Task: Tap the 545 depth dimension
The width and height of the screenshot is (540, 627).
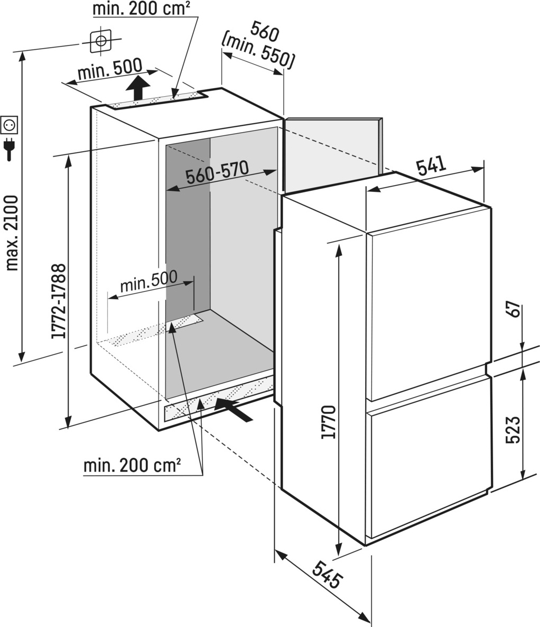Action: point(328,574)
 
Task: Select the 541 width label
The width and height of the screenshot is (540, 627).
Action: point(431,165)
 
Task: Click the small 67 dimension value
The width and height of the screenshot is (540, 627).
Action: point(515,309)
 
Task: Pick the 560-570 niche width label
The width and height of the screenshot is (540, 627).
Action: point(217,173)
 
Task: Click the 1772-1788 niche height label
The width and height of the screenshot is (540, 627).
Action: point(58,301)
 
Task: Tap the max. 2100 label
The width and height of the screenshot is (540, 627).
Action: point(12,233)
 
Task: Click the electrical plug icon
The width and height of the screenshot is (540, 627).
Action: point(9,149)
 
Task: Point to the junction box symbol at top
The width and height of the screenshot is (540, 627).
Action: point(100,41)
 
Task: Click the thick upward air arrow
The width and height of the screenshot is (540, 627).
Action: point(138,88)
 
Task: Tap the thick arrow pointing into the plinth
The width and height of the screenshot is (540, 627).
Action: point(234,409)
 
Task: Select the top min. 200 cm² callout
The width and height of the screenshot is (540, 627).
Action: point(139,9)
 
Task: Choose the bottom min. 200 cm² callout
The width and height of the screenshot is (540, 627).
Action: point(132,465)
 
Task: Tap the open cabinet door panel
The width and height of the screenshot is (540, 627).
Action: point(332,154)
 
